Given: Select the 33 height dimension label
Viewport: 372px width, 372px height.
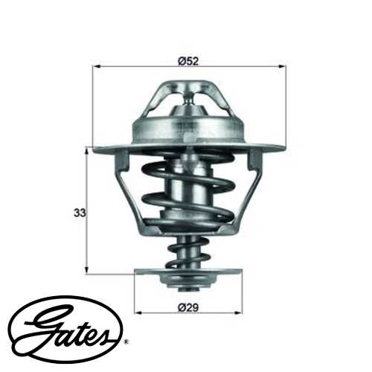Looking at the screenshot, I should click(x=78, y=212).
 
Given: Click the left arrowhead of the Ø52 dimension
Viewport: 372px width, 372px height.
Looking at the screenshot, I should click(x=96, y=67).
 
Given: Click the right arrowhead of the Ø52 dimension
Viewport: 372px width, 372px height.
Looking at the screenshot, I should click(x=283, y=67).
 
